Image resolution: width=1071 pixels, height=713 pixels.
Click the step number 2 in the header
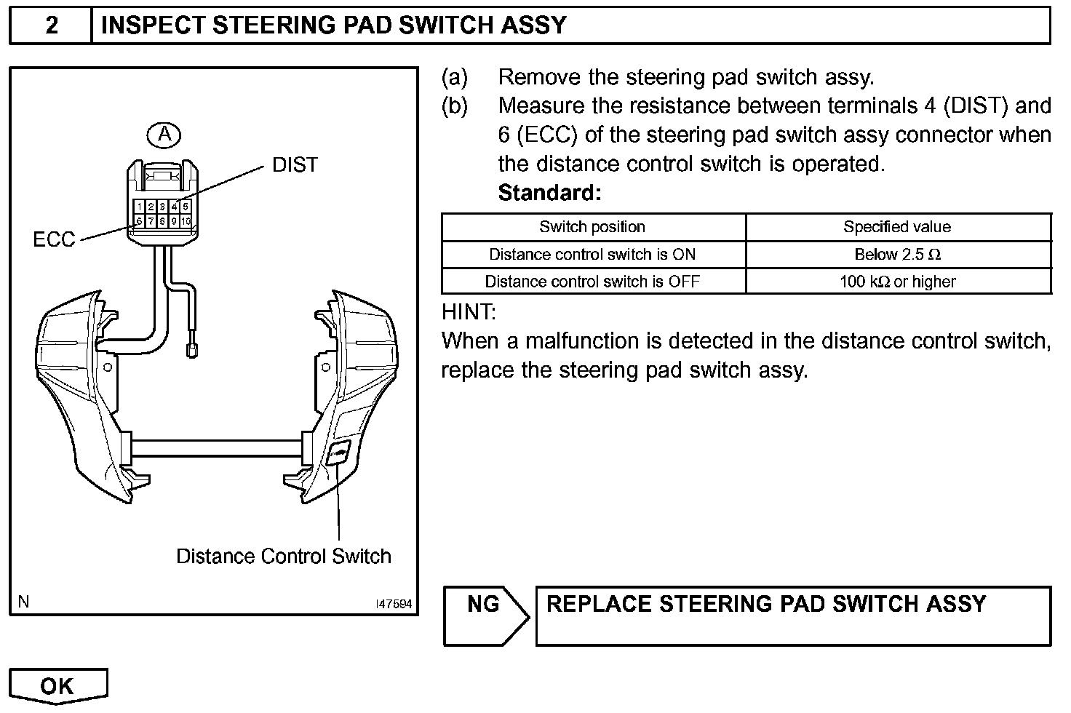(x=52, y=26)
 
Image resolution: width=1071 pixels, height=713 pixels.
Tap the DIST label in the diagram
(x=295, y=165)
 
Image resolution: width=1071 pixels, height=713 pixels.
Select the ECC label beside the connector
(x=54, y=239)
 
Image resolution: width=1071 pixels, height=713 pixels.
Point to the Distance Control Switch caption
(x=283, y=557)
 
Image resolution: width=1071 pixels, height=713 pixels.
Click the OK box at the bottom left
(x=58, y=685)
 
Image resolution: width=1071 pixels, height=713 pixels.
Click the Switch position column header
(x=592, y=227)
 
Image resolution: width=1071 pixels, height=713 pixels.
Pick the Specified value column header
(x=897, y=227)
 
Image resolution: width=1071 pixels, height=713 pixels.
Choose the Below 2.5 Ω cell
(x=897, y=255)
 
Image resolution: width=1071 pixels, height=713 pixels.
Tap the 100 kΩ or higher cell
(x=897, y=282)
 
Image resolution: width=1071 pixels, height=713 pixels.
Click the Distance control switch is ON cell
(x=592, y=255)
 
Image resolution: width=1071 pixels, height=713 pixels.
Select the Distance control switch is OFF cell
(x=592, y=282)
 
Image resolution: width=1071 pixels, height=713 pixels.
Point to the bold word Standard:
(x=549, y=194)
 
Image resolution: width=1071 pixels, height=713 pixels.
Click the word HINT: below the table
(x=469, y=313)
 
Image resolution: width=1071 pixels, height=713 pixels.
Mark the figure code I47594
(x=394, y=604)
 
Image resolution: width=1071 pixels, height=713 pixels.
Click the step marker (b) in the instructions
(x=455, y=106)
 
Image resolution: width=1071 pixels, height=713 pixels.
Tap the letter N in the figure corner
(x=24, y=602)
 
